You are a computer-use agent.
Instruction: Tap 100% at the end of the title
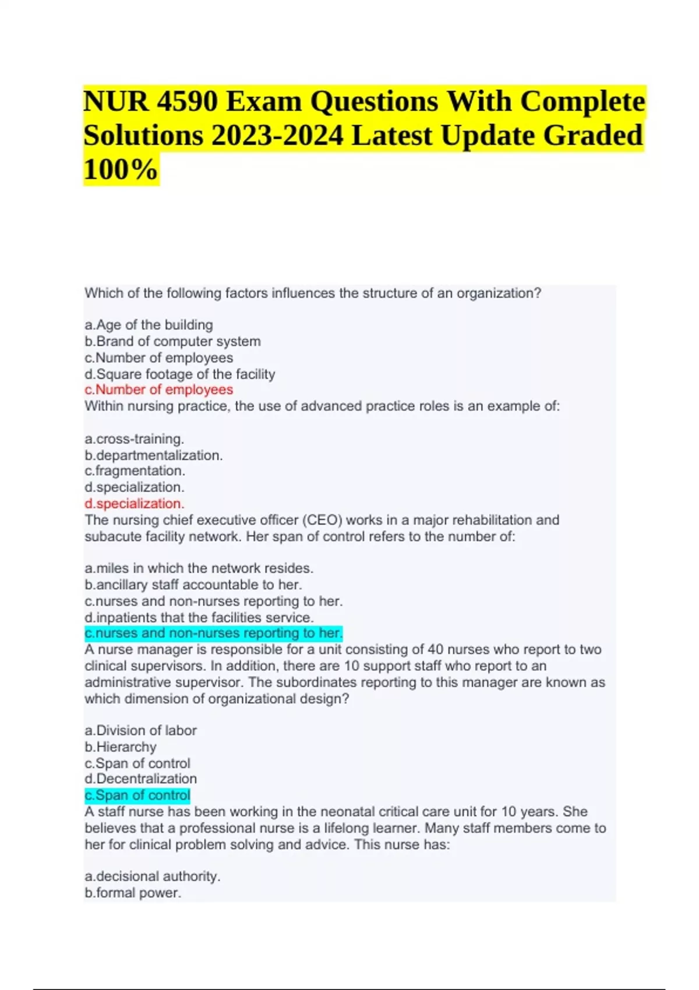tap(121, 170)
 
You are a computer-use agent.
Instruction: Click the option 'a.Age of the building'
tap(149, 325)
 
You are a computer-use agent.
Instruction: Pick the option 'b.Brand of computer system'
tap(172, 341)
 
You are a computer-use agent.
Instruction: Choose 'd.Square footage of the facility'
tap(179, 374)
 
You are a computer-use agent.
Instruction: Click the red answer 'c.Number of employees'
tap(158, 390)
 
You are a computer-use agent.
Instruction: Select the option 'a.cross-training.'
tap(134, 439)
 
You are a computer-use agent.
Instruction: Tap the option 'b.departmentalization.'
tap(153, 455)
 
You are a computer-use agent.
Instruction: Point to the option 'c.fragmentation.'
tap(135, 471)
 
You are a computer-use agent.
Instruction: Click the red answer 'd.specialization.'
tap(134, 503)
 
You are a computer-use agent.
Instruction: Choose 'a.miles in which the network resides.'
tap(199, 568)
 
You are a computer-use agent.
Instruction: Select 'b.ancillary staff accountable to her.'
tap(193, 584)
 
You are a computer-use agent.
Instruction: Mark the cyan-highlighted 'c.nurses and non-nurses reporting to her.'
tap(213, 633)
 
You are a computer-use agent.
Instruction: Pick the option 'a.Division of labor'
tap(140, 730)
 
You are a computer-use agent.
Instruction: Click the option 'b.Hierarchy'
tap(120, 747)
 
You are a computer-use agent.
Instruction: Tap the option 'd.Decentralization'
tap(140, 779)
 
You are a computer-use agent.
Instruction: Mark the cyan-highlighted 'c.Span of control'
tap(137, 795)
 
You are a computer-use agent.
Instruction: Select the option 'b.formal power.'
tap(133, 893)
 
